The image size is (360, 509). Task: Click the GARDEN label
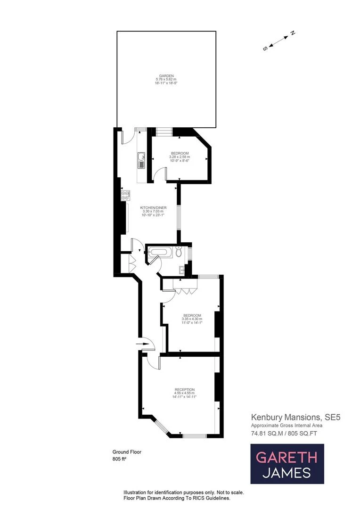tap(166, 76)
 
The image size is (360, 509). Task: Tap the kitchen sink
tap(140, 160)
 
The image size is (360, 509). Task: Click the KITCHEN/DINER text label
tap(152, 208)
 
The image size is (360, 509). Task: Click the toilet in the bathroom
tap(179, 252)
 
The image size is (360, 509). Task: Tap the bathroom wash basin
tap(181, 270)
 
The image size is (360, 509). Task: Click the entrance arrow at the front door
tap(141, 344)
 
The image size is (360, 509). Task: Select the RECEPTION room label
tap(185, 389)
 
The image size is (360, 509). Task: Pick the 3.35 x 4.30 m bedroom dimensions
tap(192, 319)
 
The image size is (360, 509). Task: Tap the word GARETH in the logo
tap(286, 457)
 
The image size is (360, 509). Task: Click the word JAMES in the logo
tap(286, 472)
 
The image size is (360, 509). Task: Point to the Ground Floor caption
tap(127, 452)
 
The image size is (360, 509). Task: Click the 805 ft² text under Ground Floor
tap(120, 459)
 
